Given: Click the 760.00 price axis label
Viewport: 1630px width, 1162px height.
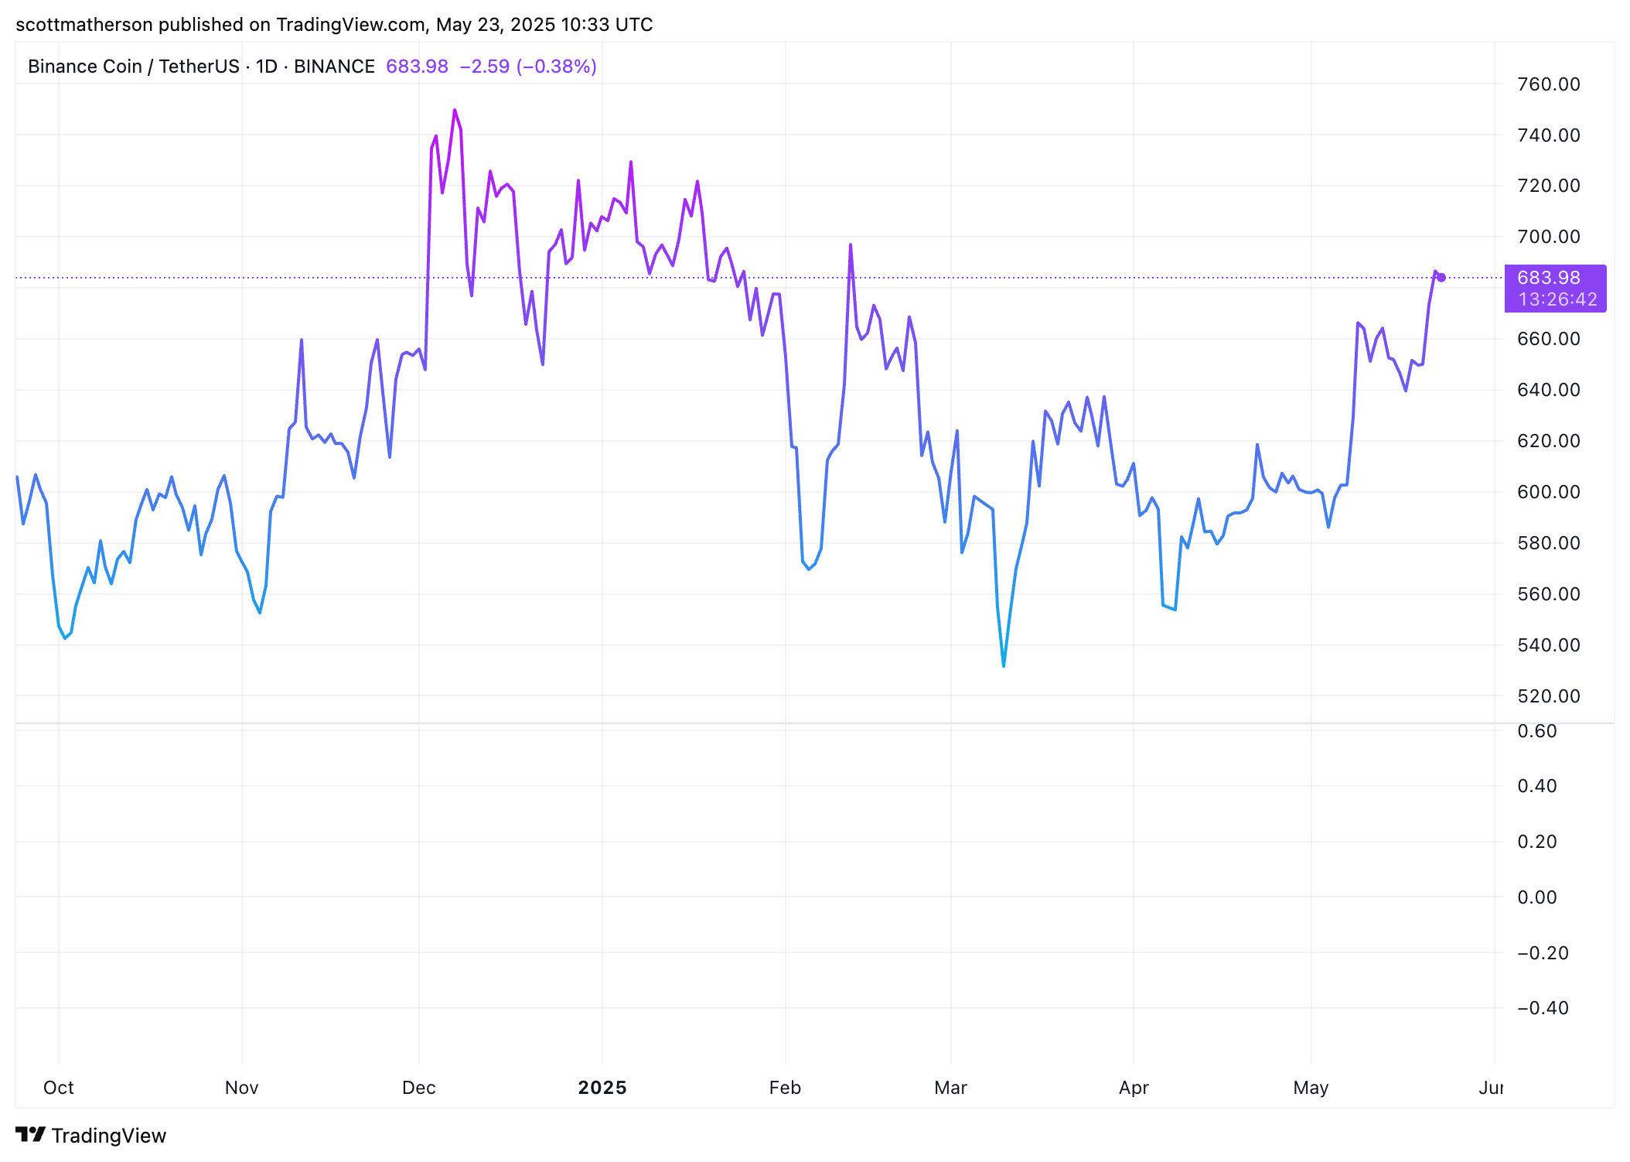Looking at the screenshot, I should point(1548,84).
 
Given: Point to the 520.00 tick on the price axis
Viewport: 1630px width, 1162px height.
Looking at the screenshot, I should point(1548,696).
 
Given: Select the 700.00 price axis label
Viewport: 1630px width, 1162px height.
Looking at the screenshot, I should point(1548,237).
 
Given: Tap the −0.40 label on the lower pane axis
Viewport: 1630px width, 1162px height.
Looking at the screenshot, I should point(1543,1008).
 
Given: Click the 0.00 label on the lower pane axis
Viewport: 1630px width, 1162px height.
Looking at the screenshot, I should point(1536,897).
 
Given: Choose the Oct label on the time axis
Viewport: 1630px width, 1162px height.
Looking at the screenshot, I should point(59,1088).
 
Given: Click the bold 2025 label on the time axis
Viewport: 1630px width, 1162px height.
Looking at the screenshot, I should point(602,1088).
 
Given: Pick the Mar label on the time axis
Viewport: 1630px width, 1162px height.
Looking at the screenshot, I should point(950,1088).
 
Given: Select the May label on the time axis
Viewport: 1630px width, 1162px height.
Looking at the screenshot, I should point(1311,1088).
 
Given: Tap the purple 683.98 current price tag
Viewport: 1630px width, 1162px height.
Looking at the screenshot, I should point(1548,278).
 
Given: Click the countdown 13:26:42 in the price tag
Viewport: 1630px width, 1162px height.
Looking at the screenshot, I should point(1557,299).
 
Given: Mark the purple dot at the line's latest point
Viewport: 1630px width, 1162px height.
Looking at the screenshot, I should point(1441,278).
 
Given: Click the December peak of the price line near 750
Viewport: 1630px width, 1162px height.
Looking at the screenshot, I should point(455,111).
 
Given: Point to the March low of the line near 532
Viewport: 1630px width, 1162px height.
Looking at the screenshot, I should point(1004,665).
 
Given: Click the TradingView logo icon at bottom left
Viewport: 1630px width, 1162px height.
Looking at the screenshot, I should point(31,1135).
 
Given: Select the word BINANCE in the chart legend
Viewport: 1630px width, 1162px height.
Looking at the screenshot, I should point(334,67).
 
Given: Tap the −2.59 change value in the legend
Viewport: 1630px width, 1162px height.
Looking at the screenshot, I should point(485,67).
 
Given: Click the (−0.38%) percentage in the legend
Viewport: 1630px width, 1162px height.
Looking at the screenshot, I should point(557,67).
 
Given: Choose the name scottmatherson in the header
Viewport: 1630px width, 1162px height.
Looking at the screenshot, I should point(84,25).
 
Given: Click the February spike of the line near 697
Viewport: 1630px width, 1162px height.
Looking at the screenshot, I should point(851,245).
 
